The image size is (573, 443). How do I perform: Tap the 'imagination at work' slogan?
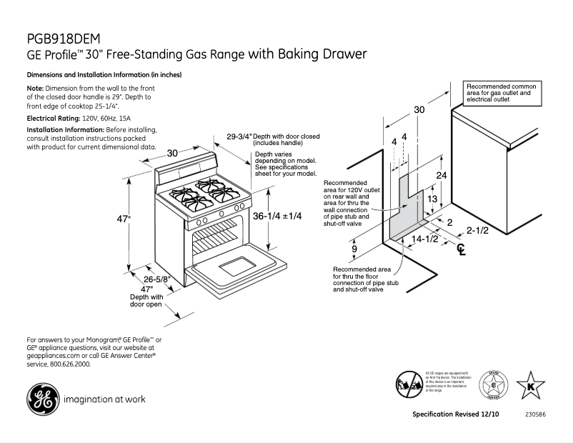click(105, 399)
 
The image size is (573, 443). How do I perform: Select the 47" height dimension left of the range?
click(124, 219)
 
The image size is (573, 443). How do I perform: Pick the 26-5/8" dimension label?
click(155, 279)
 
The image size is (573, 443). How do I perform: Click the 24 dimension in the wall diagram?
click(442, 174)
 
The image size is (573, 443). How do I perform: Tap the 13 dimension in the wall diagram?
click(432, 199)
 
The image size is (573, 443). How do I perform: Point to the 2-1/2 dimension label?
click(478, 230)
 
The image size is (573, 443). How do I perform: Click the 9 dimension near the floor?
click(354, 249)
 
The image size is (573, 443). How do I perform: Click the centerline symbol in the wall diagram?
click(462, 250)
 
